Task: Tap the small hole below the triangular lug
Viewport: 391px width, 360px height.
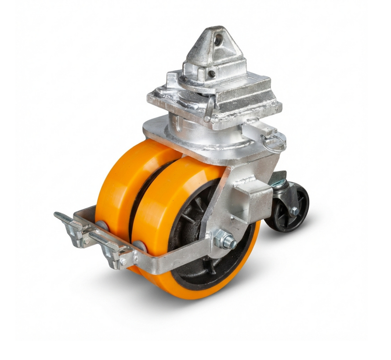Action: [212, 73]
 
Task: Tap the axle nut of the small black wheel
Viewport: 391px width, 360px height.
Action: [294, 211]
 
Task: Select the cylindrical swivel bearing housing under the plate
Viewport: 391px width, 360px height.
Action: [206, 132]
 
